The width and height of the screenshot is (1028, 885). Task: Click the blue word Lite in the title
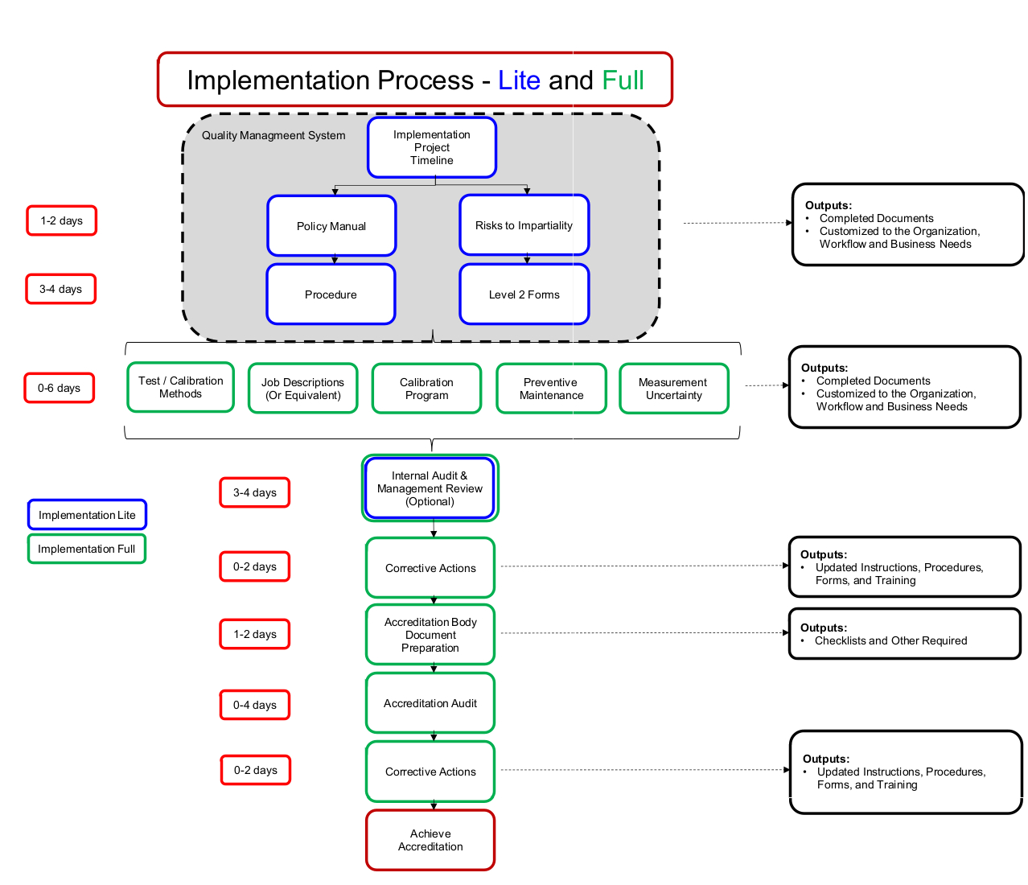(x=519, y=80)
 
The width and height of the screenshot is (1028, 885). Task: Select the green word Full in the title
(x=623, y=80)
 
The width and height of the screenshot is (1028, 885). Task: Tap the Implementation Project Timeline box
(x=432, y=148)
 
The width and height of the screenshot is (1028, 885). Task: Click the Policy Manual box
(x=331, y=226)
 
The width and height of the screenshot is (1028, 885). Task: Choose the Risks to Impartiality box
(x=524, y=225)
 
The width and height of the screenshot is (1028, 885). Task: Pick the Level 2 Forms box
(x=524, y=294)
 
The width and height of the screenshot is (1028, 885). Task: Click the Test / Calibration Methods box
(x=180, y=388)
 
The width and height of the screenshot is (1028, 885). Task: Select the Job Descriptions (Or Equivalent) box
(x=302, y=389)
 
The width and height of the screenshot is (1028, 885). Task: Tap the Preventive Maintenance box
(x=551, y=389)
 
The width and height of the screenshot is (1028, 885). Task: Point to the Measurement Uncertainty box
(x=673, y=389)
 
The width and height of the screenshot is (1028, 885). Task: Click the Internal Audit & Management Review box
(x=430, y=488)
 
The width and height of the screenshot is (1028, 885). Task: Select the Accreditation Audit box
(x=430, y=703)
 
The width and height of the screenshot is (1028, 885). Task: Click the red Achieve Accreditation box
(x=430, y=840)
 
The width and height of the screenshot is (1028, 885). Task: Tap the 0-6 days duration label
(x=59, y=388)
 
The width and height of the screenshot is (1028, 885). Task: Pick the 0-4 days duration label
(x=255, y=705)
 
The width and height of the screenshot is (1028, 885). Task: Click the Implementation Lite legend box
(x=87, y=515)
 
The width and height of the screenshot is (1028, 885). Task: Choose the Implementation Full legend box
(x=86, y=549)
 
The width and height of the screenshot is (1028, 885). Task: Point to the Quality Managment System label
(x=273, y=135)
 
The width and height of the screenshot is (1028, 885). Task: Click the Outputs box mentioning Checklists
(x=904, y=634)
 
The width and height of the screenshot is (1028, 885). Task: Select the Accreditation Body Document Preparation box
(x=430, y=635)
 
